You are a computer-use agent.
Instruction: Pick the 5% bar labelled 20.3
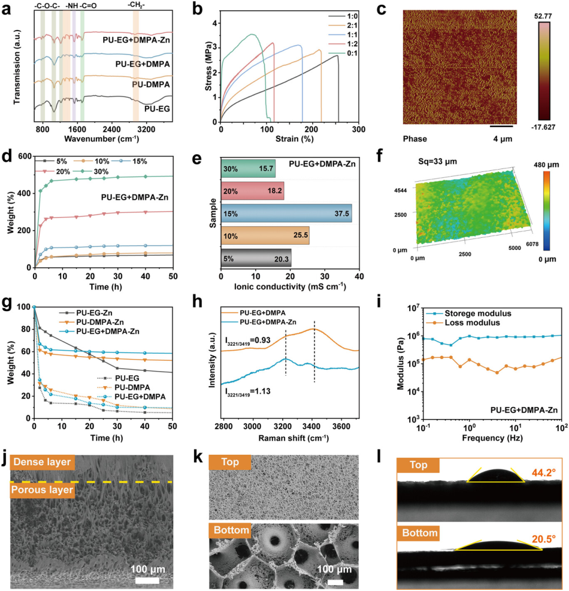coord(256,258)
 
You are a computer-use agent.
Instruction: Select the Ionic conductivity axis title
coord(290,286)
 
